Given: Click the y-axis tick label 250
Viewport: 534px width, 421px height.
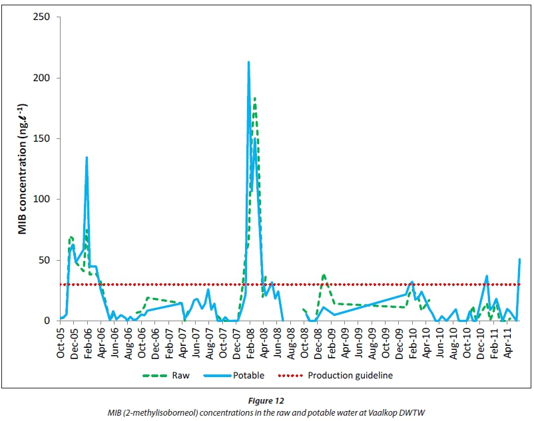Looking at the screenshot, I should (x=42, y=17).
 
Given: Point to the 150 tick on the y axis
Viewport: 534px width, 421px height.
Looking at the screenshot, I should (x=42, y=138).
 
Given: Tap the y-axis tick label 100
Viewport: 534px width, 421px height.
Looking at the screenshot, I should (x=42, y=199).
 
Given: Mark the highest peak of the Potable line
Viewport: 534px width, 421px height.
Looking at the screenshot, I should (x=249, y=63).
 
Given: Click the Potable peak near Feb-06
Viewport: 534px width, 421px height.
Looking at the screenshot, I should (x=87, y=158).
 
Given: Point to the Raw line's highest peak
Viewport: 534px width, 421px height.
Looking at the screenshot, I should (x=254, y=98).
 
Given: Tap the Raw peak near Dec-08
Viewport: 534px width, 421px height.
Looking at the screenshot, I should (x=324, y=274).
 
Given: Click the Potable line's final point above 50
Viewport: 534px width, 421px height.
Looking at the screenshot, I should (x=519, y=259).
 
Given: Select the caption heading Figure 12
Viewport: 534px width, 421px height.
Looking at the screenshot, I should (x=266, y=402).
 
